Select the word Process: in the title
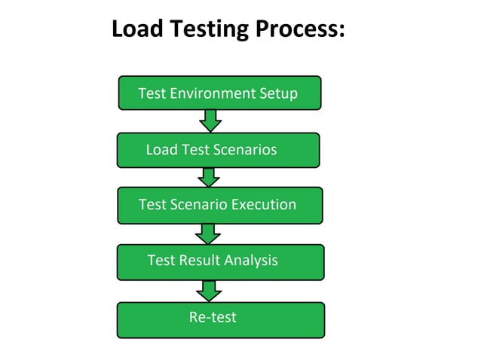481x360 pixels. (299, 29)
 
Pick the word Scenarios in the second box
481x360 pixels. (240, 150)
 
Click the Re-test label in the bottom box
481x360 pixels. (213, 318)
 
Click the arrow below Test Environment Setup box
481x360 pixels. (210, 121)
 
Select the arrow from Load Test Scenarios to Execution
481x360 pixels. (209, 177)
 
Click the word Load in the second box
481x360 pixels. (161, 150)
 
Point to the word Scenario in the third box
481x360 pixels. (199, 204)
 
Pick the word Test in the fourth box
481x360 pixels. (161, 261)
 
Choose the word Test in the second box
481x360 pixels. (195, 150)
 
